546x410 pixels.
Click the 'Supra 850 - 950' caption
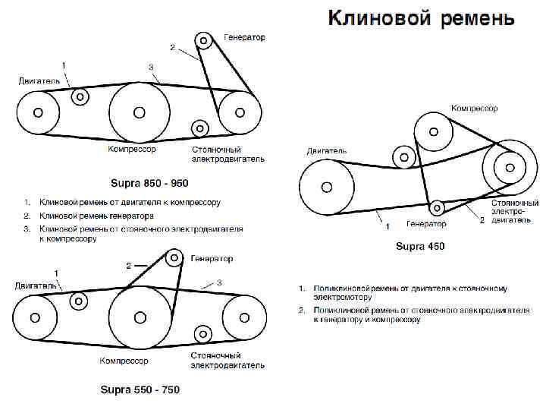(x=149, y=184)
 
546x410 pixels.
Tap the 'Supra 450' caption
(x=420, y=247)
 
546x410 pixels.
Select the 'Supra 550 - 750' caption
(x=140, y=389)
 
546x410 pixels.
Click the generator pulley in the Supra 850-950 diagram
(x=203, y=40)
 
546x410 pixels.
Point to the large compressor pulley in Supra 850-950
(x=139, y=112)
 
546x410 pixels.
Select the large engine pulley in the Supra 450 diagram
(x=326, y=186)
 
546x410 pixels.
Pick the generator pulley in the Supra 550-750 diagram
(x=174, y=259)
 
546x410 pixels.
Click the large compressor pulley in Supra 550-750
(x=140, y=317)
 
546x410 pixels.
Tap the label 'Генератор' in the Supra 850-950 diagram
(x=244, y=38)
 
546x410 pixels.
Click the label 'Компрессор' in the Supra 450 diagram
(x=474, y=109)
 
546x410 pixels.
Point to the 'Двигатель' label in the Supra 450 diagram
(x=327, y=151)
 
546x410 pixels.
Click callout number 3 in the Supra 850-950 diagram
(x=151, y=68)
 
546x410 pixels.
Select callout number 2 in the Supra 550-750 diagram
(x=128, y=266)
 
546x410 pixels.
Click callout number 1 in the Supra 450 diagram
(x=387, y=226)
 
